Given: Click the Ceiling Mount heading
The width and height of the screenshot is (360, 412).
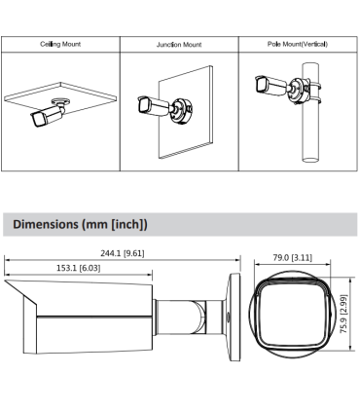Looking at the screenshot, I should (59, 45).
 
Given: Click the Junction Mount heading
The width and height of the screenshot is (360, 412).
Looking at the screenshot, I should (178, 45).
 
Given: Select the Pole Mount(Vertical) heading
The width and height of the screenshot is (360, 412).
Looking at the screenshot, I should (297, 45).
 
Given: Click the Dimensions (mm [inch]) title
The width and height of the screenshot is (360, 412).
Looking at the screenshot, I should (81, 225).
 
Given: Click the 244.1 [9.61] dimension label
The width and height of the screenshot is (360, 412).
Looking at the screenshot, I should (123, 252).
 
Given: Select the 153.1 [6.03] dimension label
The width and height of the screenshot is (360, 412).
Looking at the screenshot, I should (78, 267).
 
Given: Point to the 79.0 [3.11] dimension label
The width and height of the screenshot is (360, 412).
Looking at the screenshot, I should (292, 258).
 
